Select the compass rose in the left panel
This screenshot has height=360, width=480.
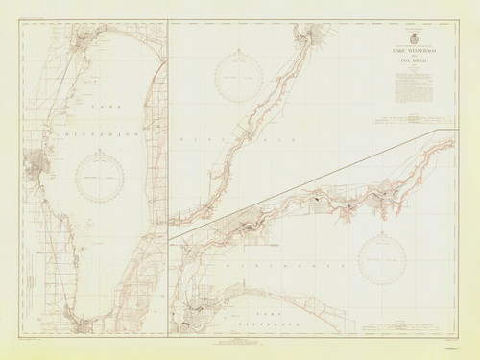100,177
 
